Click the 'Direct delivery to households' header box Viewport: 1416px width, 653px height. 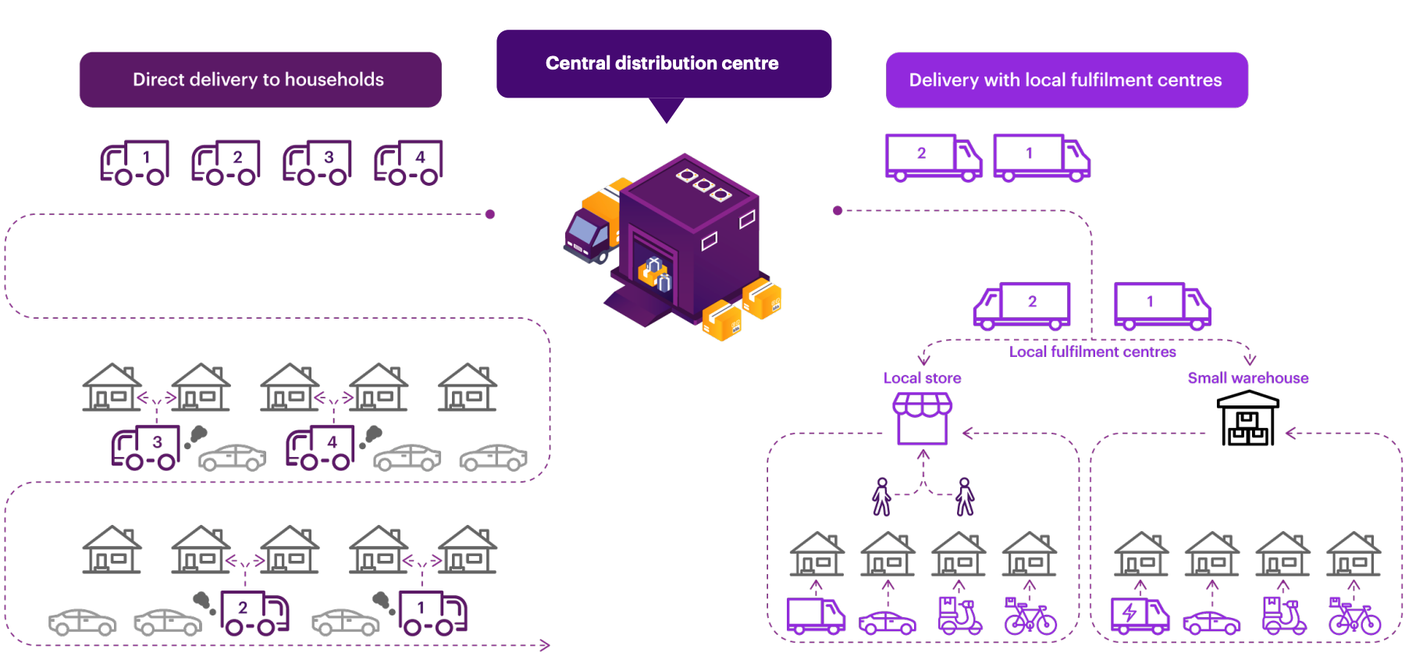[x=260, y=80]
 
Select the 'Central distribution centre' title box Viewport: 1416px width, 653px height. [x=664, y=63]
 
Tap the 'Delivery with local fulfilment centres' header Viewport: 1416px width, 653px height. [x=1066, y=80]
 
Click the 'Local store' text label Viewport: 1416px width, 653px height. [x=922, y=378]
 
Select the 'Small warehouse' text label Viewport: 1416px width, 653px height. [x=1247, y=378]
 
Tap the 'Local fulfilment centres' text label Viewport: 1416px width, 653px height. [x=1092, y=352]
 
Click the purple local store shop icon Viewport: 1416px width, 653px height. [x=923, y=418]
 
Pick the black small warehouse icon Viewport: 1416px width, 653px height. [x=1247, y=419]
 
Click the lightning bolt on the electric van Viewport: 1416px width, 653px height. [x=1129, y=613]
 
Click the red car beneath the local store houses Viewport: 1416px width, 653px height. [x=888, y=623]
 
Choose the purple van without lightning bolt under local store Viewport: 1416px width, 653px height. [x=816, y=616]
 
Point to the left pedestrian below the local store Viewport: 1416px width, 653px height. [x=882, y=497]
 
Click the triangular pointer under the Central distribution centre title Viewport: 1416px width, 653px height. [x=667, y=109]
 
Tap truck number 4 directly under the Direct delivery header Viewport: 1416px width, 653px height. [x=409, y=162]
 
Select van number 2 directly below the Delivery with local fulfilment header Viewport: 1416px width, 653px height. [x=934, y=156]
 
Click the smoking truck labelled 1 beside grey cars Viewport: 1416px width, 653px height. [x=432, y=613]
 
